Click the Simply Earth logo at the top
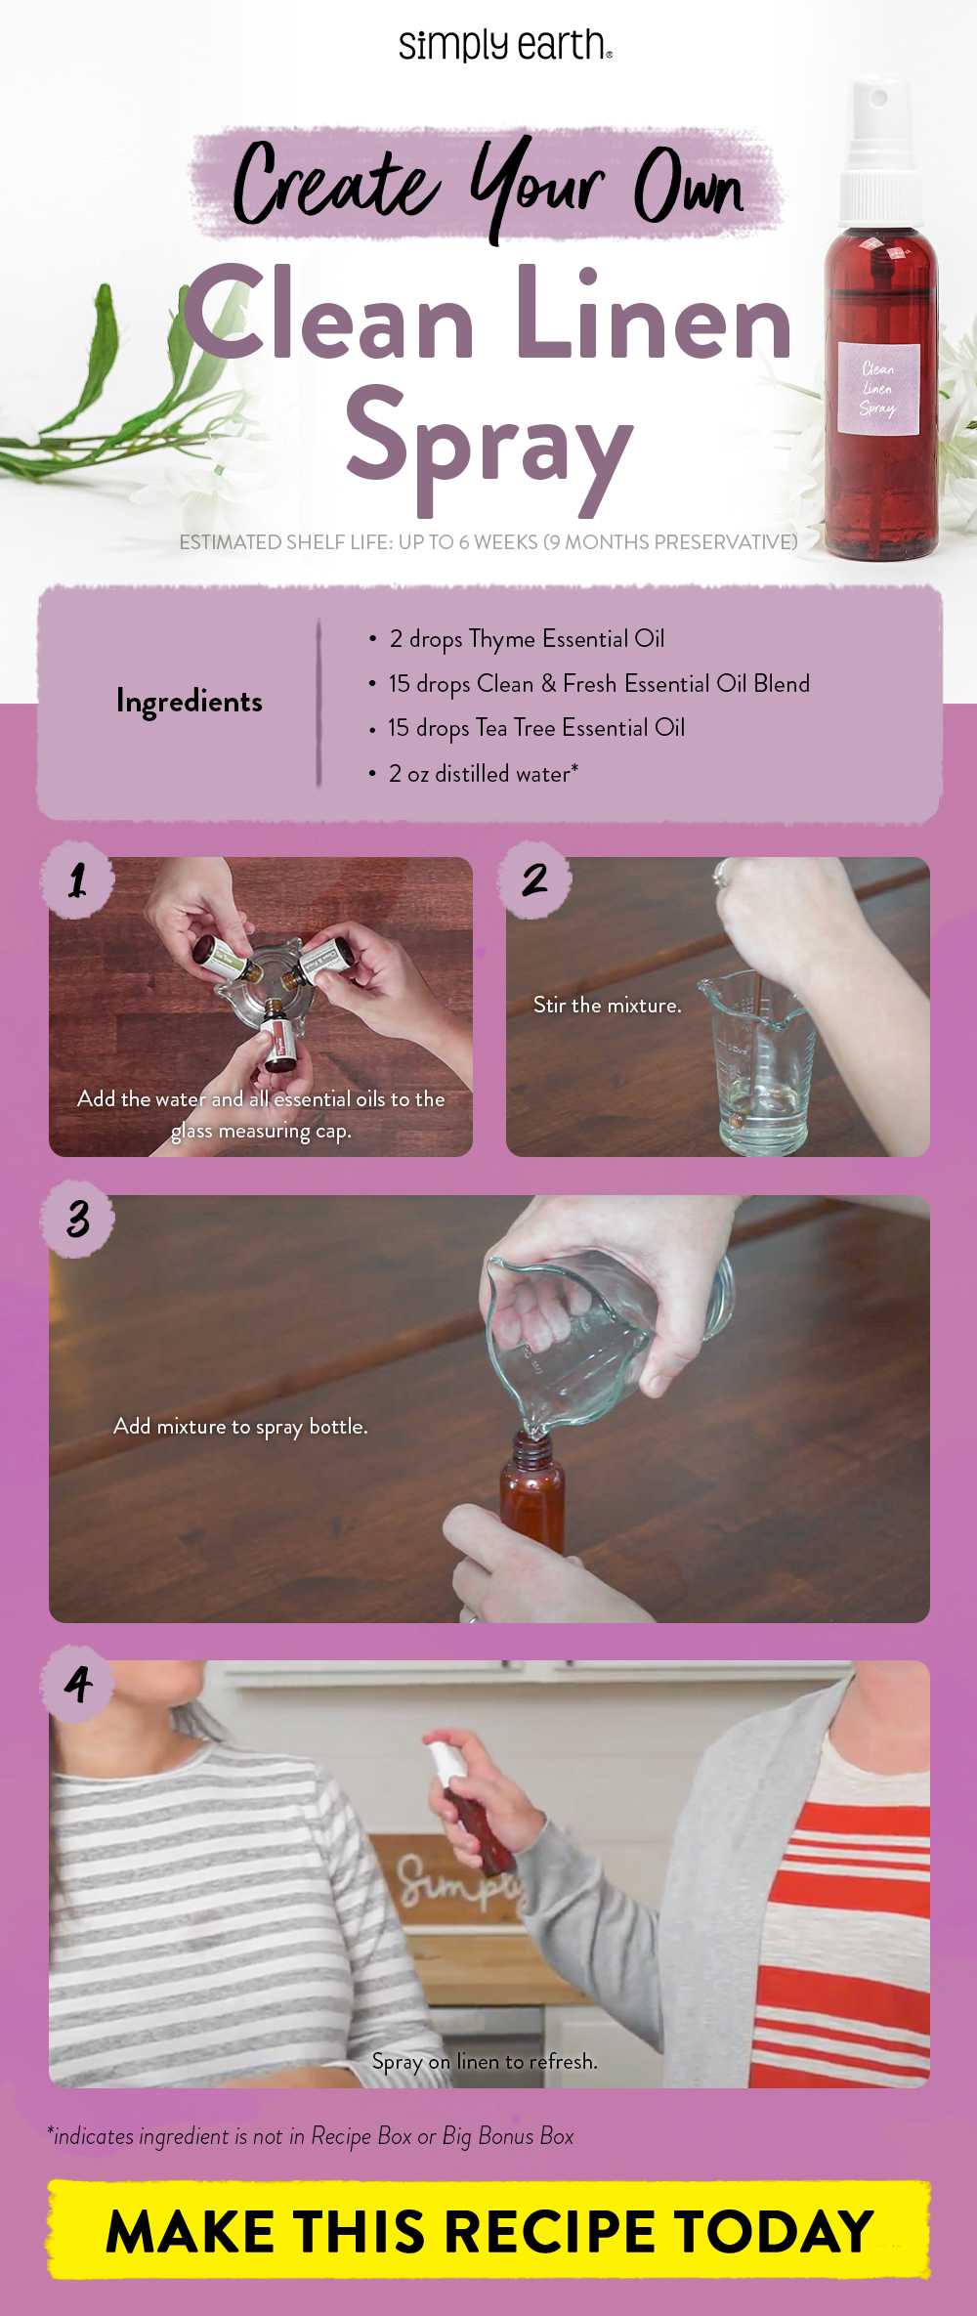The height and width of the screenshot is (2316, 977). click(x=505, y=45)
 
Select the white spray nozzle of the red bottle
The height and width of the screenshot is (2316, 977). click(x=880, y=147)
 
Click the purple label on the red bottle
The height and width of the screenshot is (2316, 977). click(x=877, y=389)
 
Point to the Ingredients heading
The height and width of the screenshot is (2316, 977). click(x=189, y=701)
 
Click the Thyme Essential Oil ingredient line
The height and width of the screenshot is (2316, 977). click(x=526, y=639)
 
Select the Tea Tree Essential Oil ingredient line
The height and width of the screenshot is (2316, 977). click(x=535, y=728)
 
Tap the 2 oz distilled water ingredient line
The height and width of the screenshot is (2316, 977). click(x=483, y=774)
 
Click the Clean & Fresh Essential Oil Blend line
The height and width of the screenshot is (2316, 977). click(x=598, y=684)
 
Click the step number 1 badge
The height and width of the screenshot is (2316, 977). click(x=77, y=880)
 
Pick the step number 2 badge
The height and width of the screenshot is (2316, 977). click(x=534, y=880)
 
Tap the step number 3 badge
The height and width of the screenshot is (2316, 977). click(x=77, y=1219)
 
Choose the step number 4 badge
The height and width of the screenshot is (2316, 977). click(x=77, y=1684)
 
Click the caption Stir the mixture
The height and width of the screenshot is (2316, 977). click(x=607, y=1006)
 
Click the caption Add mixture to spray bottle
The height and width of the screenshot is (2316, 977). click(x=240, y=1427)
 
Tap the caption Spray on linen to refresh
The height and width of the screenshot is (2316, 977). click(x=485, y=2061)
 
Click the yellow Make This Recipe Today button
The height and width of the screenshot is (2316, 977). click(x=488, y=2231)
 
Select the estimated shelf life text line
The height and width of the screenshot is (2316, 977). click(x=488, y=542)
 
